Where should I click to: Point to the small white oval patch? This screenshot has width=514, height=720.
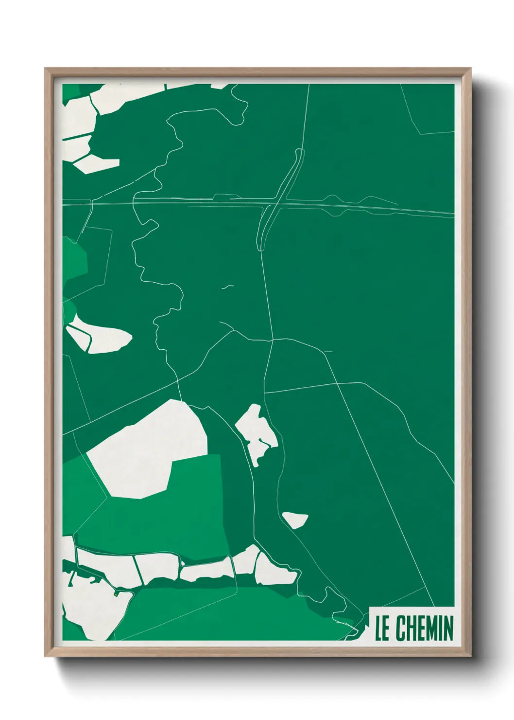(x=295, y=520)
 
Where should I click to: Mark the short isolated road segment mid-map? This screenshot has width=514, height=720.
(x=227, y=287)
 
